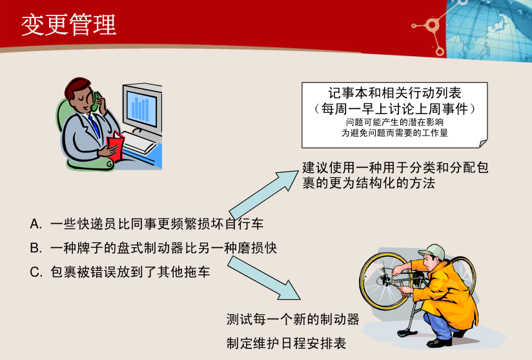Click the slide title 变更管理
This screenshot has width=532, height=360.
(x=68, y=25)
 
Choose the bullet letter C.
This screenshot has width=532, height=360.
(x=36, y=272)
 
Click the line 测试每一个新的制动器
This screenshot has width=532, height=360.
(x=292, y=319)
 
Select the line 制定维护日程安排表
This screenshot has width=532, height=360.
(x=286, y=342)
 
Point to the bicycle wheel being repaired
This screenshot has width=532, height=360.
(x=381, y=277)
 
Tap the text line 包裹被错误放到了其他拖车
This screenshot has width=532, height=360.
(x=130, y=272)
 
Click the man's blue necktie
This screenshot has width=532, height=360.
(x=95, y=126)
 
